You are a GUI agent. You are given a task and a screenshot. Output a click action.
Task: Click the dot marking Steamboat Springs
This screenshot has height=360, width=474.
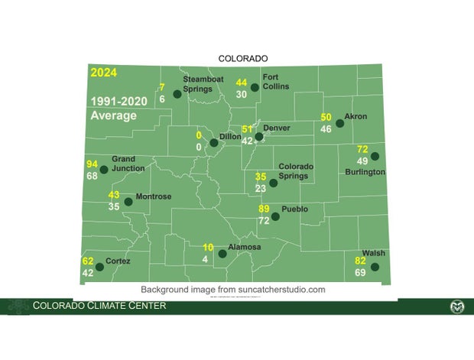177,94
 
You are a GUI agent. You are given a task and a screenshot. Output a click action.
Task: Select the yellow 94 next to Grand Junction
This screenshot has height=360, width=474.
93,164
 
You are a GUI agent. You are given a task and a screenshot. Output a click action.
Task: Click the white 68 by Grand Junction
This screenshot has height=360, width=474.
93,177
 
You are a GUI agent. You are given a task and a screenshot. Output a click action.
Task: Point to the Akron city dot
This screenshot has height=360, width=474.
339,123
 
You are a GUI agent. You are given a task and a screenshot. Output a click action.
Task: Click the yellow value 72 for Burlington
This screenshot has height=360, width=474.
362,149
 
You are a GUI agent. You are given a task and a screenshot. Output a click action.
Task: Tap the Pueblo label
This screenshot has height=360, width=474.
294,208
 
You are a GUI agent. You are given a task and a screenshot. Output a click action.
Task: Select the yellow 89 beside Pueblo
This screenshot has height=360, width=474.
265,209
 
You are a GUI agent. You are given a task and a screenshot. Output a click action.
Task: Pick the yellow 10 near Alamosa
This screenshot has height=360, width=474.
208,247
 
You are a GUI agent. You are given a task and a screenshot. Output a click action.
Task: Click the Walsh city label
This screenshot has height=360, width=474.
374,253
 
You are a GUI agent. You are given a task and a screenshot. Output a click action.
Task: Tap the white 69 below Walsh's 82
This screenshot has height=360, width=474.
360,273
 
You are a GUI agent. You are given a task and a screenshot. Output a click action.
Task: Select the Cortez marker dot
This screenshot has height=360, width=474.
100,267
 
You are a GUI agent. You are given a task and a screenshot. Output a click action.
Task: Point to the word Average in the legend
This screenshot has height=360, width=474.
113,116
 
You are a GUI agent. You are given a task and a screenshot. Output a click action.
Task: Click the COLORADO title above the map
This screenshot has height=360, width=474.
243,58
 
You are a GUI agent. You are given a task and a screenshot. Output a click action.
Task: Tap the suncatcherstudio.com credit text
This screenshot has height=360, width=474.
232,290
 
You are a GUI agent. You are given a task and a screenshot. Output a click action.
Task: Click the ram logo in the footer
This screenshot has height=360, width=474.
456,306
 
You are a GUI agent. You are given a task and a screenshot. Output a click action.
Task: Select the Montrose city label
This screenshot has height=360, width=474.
153,196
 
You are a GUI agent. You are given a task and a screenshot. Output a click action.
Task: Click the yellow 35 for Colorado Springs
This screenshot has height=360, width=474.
261,177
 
